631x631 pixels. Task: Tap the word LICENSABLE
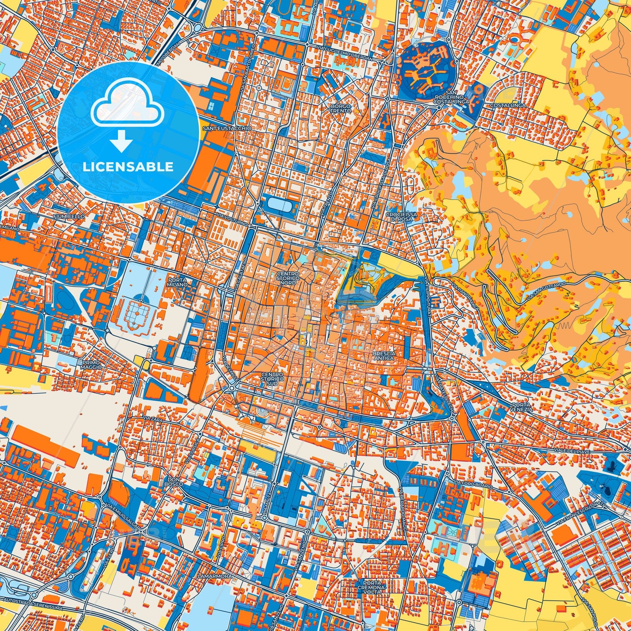(x=128, y=167)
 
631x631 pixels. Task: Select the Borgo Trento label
(x=341, y=108)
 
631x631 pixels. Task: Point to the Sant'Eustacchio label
(x=227, y=128)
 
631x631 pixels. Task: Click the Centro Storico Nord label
(x=288, y=278)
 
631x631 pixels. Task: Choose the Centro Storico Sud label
(x=272, y=378)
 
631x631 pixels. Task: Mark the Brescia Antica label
(x=384, y=355)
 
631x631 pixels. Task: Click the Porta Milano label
(x=177, y=282)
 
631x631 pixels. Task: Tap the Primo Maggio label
(x=91, y=365)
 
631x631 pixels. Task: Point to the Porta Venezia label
(x=521, y=407)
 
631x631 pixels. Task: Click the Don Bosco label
(x=174, y=481)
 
